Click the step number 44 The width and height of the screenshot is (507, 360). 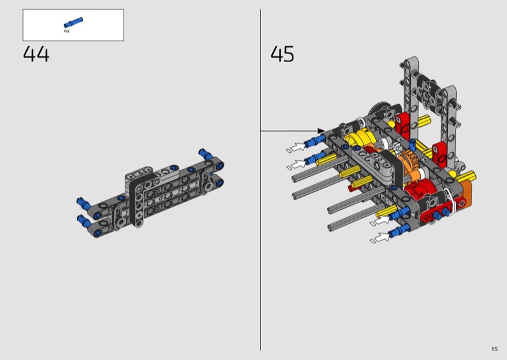[x=36, y=54]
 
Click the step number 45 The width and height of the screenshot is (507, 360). [x=282, y=54]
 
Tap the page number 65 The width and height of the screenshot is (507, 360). [x=494, y=349]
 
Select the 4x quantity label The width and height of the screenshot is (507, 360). [x=67, y=31]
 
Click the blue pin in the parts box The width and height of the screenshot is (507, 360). [x=74, y=23]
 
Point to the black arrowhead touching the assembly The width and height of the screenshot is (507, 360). [x=321, y=131]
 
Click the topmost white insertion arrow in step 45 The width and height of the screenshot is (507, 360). [x=298, y=147]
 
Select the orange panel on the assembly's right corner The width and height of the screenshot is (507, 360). [x=466, y=193]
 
